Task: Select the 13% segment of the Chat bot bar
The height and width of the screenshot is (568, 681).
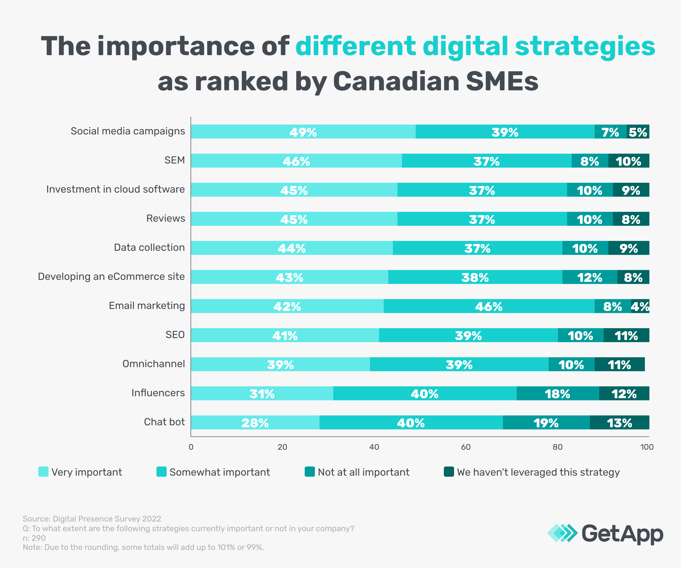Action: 619,423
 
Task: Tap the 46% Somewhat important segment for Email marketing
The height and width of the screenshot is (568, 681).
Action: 489,306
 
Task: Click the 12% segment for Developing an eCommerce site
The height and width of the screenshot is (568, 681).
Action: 589,277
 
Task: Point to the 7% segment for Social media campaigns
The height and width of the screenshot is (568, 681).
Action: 610,132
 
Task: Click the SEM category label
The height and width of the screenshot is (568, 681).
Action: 174,160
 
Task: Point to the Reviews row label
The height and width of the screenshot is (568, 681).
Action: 165,218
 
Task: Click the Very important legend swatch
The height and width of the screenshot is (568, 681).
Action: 43,472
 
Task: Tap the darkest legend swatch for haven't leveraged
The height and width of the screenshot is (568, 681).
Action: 449,472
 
